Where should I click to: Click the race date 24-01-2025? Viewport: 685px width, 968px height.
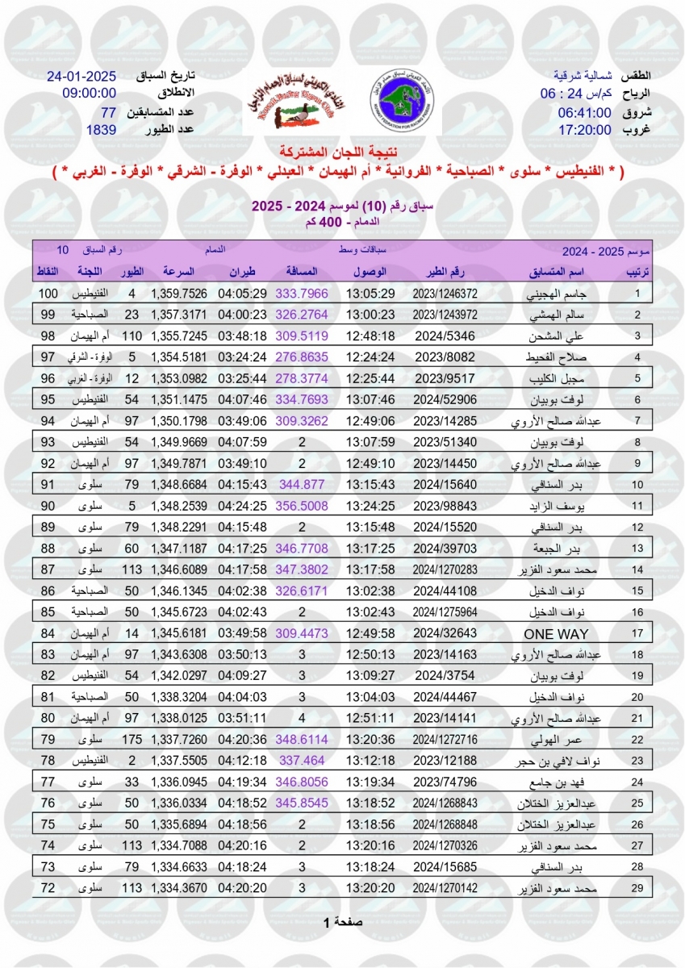coord(82,77)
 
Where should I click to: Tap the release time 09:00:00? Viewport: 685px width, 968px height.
coord(90,94)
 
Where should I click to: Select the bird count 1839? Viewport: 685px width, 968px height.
coord(102,129)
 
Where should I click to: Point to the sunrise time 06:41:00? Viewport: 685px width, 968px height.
coord(584,112)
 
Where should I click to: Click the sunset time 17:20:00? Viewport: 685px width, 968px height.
coord(584,129)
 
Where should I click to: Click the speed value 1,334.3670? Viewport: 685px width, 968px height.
coord(178,887)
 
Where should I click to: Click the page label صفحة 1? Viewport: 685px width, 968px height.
coord(342,921)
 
